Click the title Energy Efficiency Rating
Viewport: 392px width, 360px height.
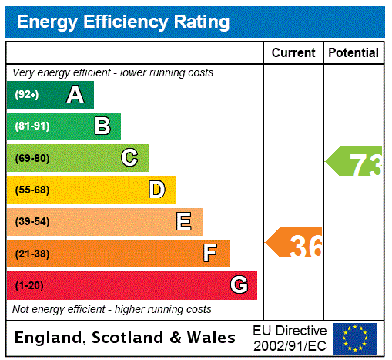tap(123, 22)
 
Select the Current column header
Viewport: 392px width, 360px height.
tap(293, 52)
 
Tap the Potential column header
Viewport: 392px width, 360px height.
tap(353, 52)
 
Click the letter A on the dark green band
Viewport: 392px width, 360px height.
tap(75, 95)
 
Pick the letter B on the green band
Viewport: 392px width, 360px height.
tap(102, 126)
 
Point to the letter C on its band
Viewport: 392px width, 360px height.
tap(129, 158)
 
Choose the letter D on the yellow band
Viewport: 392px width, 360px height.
tap(156, 190)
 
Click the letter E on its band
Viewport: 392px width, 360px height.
tap(184, 222)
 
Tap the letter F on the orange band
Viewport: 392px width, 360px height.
tap(210, 254)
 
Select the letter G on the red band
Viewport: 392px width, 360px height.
tap(239, 285)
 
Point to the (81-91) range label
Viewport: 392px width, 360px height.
tap(32, 126)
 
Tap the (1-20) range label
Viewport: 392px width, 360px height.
tap(29, 285)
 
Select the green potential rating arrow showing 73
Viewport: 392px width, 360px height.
tap(355, 163)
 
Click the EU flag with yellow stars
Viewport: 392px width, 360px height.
tap(355, 338)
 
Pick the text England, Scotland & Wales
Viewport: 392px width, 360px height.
tap(126, 338)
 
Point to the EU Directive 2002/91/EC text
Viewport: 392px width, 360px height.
tap(290, 338)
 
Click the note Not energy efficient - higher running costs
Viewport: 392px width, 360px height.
tap(112, 309)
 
